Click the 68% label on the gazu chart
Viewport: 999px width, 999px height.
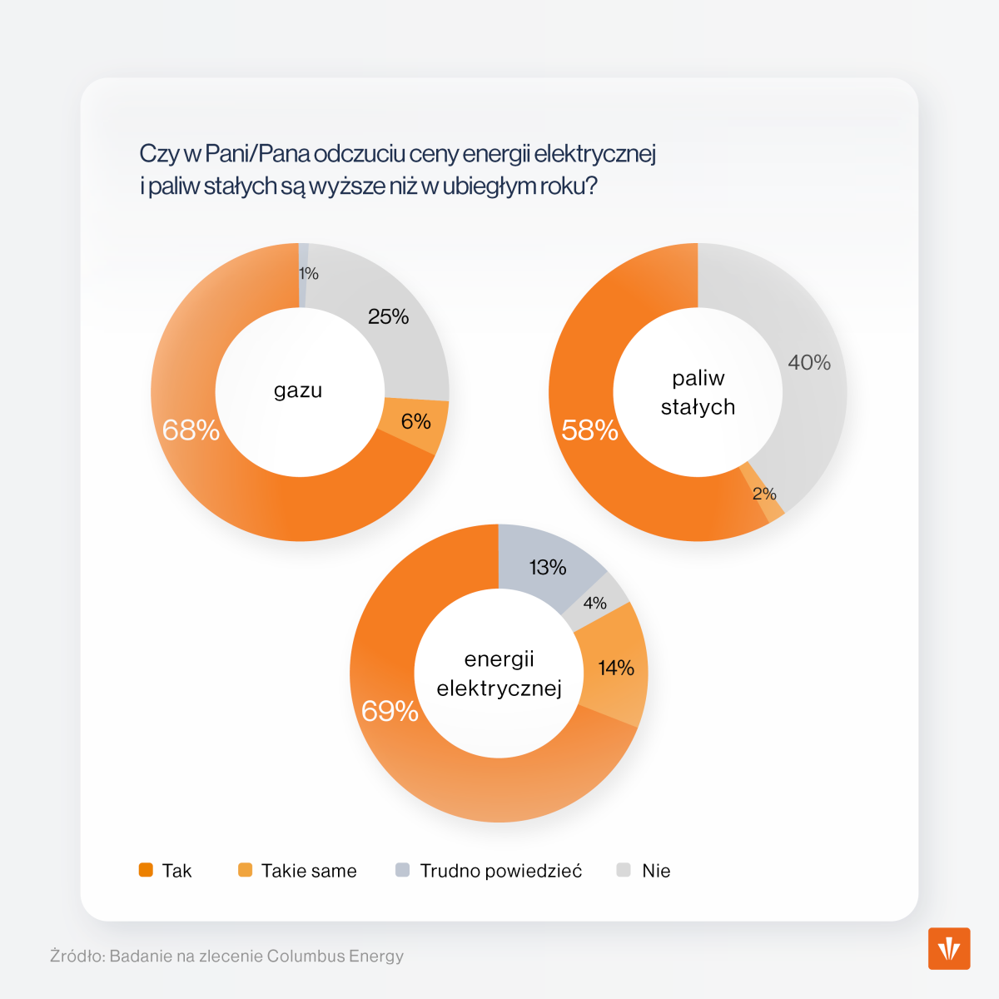tap(191, 430)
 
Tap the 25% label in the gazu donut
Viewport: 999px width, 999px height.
tap(389, 316)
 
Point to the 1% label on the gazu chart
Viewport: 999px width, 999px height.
tap(309, 274)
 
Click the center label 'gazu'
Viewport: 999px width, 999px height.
tap(298, 390)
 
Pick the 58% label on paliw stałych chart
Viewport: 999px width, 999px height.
tap(589, 430)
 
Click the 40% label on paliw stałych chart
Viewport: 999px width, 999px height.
tap(809, 362)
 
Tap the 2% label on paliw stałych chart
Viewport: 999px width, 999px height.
tap(764, 494)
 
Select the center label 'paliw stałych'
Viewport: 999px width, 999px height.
tap(698, 392)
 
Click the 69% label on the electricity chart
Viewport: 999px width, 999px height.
tap(390, 710)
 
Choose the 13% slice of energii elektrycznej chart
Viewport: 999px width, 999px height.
tap(547, 568)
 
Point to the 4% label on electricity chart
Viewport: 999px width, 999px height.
tap(594, 604)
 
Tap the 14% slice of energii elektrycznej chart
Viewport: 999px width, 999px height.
tap(616, 668)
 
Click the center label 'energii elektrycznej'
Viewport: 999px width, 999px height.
tap(499, 673)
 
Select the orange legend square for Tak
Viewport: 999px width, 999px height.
tap(146, 870)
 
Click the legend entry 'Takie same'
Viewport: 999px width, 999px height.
tap(308, 871)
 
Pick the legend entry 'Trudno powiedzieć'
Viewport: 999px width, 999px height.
tap(500, 871)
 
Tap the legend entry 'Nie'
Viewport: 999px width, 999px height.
tap(655, 871)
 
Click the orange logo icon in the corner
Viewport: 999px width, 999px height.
tap(949, 948)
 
